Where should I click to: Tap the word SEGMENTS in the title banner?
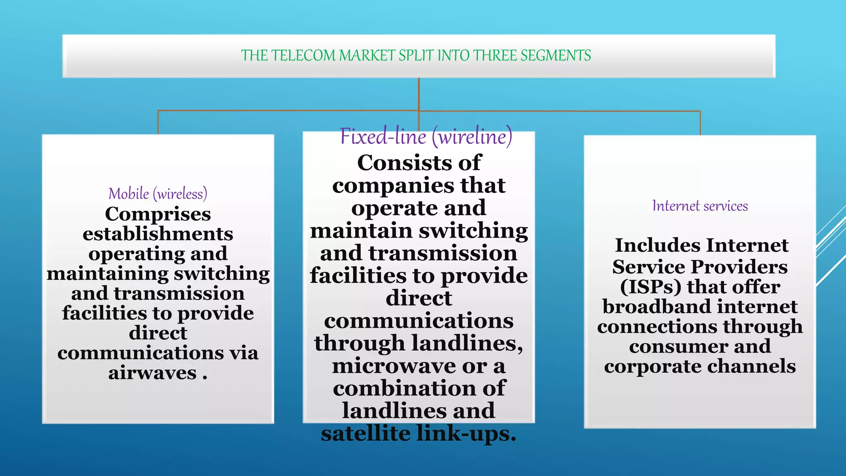556,55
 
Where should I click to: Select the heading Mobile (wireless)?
158,193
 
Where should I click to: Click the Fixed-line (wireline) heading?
426,136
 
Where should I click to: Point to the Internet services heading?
700,206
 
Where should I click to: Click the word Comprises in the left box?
158,214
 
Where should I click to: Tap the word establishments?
158,234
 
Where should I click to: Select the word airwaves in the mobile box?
152,373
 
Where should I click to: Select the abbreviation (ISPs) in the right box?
650,287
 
